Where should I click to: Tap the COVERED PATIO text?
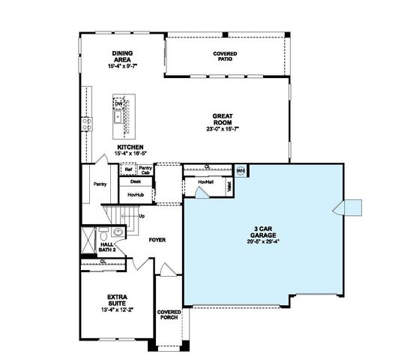(x=225, y=57)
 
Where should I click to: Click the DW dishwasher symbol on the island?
(x=118, y=103)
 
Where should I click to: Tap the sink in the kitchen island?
(x=118, y=116)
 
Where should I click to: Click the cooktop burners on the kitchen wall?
(x=86, y=122)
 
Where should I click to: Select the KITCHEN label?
(x=129, y=148)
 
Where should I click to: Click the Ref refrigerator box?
(x=128, y=169)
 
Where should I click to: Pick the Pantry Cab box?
(x=145, y=169)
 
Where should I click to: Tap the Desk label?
(x=136, y=181)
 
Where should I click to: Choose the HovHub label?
(x=136, y=193)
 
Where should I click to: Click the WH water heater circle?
(x=241, y=170)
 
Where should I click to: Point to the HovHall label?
(x=208, y=181)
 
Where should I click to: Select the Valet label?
(x=229, y=187)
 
